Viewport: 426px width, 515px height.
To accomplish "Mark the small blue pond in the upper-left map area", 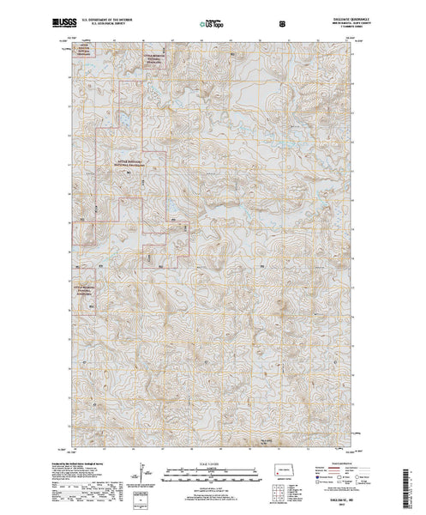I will pos(121,114).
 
